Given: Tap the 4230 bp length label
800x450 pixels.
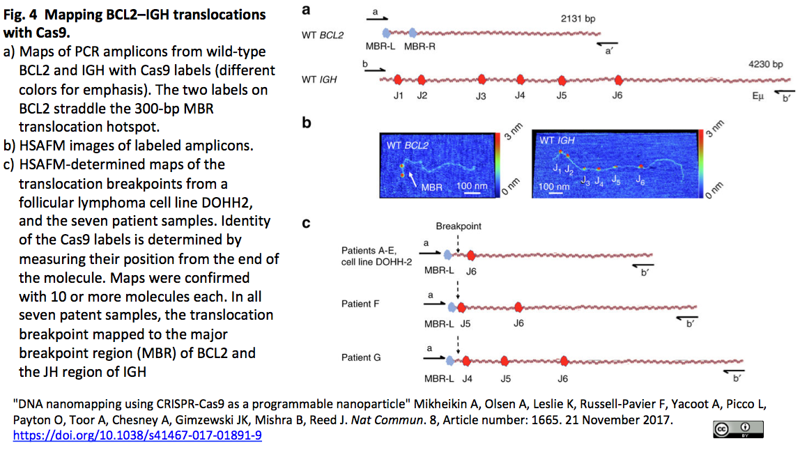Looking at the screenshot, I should (764, 64).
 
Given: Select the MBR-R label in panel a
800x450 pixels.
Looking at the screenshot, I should (419, 46).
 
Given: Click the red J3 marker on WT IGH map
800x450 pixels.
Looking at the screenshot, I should (482, 79).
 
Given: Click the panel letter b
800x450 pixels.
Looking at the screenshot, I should (306, 124).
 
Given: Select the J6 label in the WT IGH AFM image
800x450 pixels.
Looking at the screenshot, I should (640, 179).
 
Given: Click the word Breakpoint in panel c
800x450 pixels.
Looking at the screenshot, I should (458, 227).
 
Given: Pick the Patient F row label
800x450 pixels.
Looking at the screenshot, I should (361, 304).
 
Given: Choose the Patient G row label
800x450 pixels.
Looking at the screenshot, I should (361, 357).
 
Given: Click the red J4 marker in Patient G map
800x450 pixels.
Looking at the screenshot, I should (466, 361).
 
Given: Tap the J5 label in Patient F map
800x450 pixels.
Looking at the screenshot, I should (466, 323).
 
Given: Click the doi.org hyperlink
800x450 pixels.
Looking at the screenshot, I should (137, 435).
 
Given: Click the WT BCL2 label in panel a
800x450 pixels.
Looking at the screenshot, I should (323, 34).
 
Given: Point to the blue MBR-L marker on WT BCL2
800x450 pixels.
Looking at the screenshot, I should (387, 33).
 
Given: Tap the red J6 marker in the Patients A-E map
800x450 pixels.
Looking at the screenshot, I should (472, 255).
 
